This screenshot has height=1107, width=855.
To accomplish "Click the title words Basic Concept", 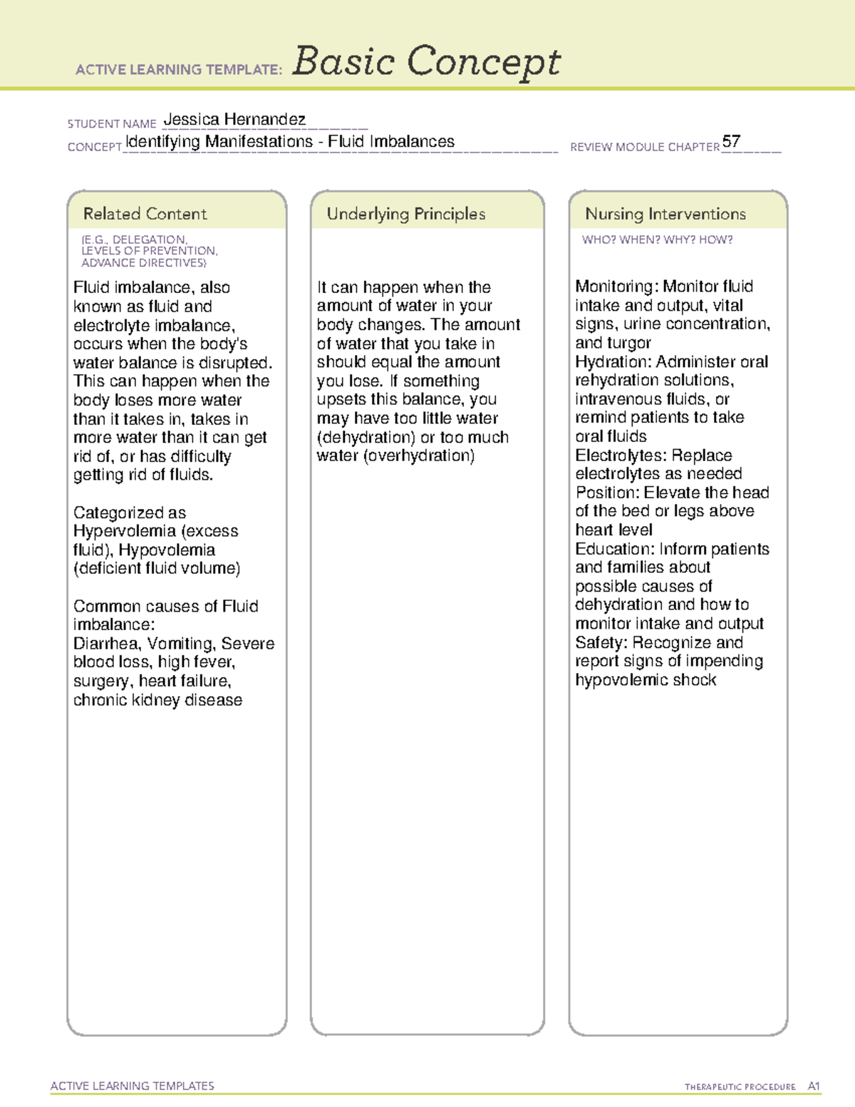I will click(x=426, y=62).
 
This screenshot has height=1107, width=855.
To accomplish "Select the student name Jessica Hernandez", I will click(x=234, y=119).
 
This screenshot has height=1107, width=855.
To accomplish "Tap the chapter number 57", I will click(x=731, y=141).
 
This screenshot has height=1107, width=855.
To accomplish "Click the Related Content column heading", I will click(x=145, y=214).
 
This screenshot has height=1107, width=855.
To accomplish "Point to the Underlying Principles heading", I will click(x=405, y=214).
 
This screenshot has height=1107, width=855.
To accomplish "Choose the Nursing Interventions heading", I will click(x=665, y=214).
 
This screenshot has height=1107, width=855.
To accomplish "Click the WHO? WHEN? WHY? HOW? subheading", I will click(x=657, y=240).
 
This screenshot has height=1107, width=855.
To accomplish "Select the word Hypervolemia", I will click(x=125, y=531).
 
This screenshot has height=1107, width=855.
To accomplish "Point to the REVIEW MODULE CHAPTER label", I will click(x=645, y=147).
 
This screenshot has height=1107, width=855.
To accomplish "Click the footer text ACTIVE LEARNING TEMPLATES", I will click(x=133, y=1086).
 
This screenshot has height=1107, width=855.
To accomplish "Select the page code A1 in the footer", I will click(x=814, y=1086).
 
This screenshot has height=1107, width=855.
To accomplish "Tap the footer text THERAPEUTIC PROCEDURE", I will click(x=740, y=1087).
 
